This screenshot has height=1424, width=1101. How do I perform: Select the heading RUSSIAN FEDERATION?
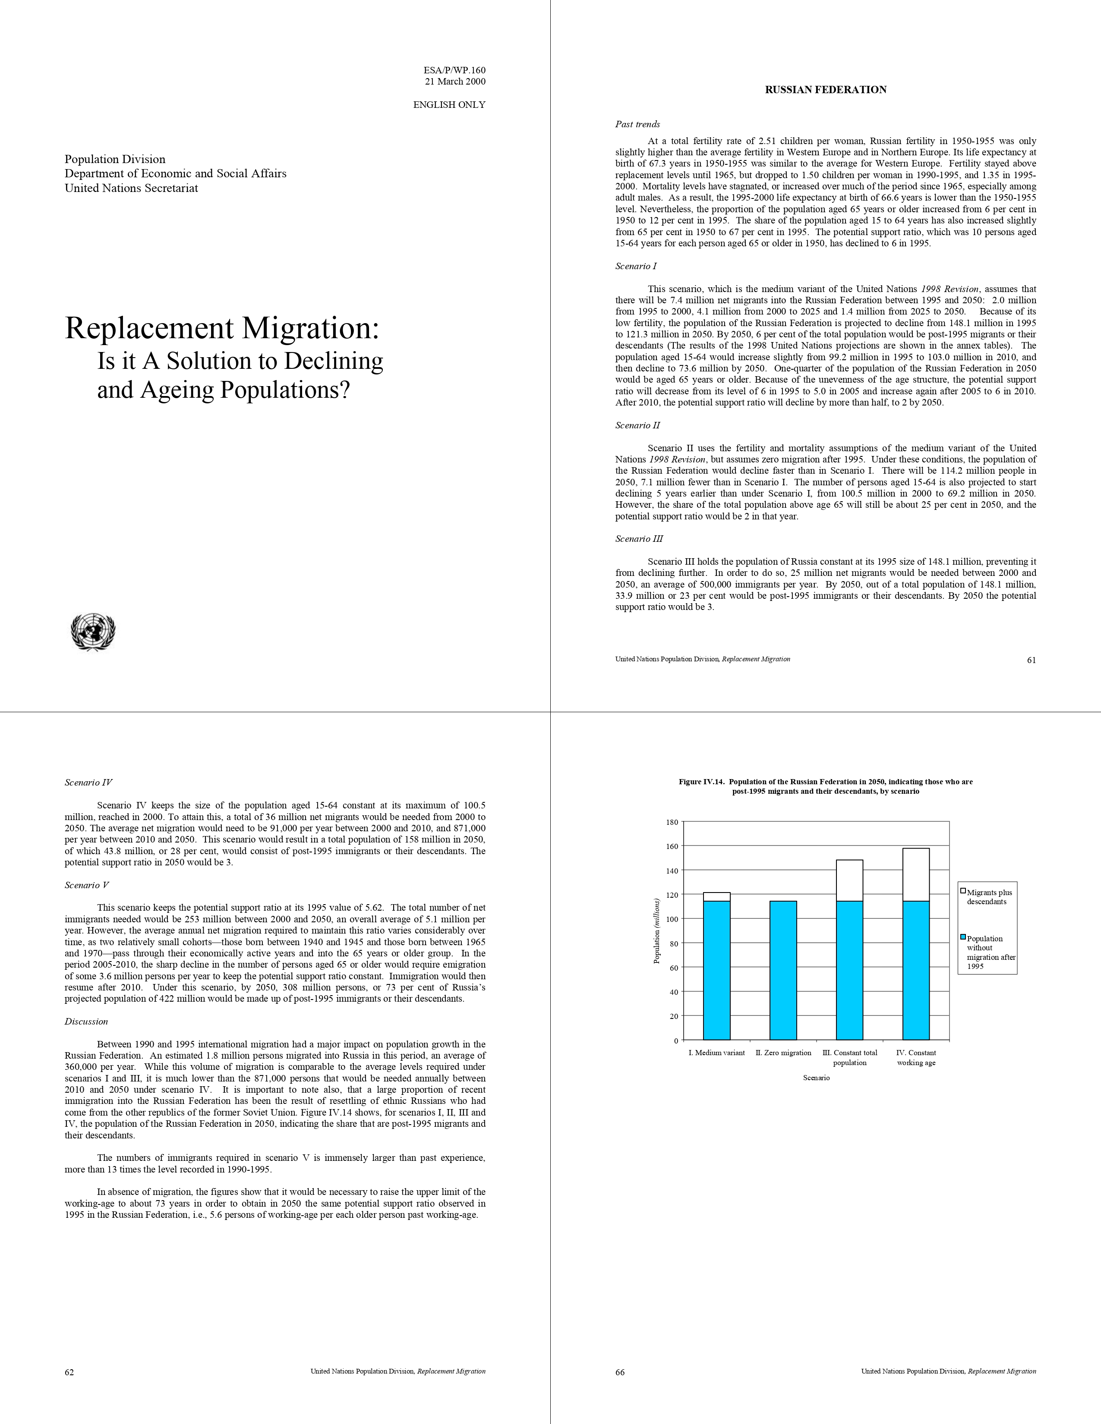(x=825, y=90)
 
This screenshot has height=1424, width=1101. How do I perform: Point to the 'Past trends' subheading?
(x=637, y=125)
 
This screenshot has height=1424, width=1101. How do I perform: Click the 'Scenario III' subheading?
(x=639, y=539)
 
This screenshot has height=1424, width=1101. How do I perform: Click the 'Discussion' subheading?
(x=86, y=1022)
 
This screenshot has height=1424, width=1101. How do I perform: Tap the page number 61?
(x=1031, y=660)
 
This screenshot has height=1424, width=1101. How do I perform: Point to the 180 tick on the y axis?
(x=672, y=822)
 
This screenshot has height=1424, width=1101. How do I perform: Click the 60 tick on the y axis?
(x=674, y=968)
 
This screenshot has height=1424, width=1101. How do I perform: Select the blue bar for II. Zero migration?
(x=783, y=970)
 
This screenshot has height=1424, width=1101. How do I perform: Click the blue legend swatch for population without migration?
(x=963, y=937)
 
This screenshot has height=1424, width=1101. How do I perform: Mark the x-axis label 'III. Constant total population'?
(x=850, y=1058)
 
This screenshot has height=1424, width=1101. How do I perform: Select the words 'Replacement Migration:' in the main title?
(x=222, y=328)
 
